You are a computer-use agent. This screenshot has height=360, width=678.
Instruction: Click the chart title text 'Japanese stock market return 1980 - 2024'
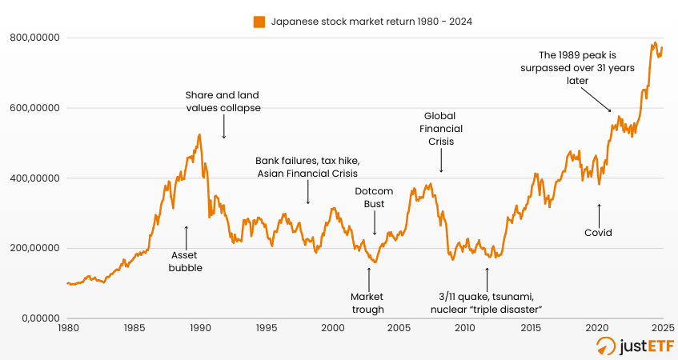370,22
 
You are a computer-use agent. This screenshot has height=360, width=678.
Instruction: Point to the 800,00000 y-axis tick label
36,38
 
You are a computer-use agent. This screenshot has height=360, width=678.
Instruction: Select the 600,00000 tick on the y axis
36,108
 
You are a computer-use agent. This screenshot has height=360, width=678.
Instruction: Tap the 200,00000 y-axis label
36,248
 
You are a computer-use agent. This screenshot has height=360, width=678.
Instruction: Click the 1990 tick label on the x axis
200,328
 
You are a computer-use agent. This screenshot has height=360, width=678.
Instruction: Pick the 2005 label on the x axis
398,328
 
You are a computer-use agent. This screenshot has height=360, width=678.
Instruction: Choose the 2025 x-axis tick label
661,328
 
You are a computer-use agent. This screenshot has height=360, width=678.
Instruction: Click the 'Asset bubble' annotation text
186,262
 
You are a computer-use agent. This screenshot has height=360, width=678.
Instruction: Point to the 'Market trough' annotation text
368,302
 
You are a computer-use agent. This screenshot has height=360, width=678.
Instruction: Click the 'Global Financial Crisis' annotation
440,129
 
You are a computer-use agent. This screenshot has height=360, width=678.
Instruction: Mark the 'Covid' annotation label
598,233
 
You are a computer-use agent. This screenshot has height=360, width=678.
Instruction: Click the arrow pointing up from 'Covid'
599,213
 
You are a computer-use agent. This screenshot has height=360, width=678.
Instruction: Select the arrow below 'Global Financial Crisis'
441,162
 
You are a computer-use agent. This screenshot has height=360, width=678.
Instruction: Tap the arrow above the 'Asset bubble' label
186,236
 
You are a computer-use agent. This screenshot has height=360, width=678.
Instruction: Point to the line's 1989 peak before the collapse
199,134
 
